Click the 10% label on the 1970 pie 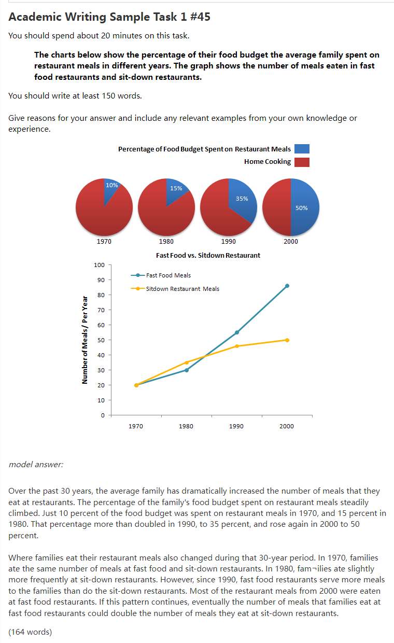pyautogui.click(x=111, y=185)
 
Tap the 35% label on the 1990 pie pyautogui.click(x=242, y=199)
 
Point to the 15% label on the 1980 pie pyautogui.click(x=176, y=188)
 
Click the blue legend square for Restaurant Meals pyautogui.click(x=302, y=149)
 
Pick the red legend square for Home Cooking pyautogui.click(x=302, y=162)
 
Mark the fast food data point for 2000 pyautogui.click(x=287, y=286)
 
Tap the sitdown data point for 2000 pyautogui.click(x=287, y=340)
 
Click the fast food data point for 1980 pyautogui.click(x=187, y=370)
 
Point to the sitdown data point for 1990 pyautogui.click(x=237, y=346)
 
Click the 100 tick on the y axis pyautogui.click(x=99, y=265)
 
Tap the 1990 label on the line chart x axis pyautogui.click(x=236, y=426)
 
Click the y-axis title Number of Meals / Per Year pyautogui.click(x=85, y=340)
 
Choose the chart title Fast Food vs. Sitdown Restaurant pyautogui.click(x=208, y=255)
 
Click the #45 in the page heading pyautogui.click(x=199, y=17)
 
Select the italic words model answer pyautogui.click(x=36, y=464)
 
